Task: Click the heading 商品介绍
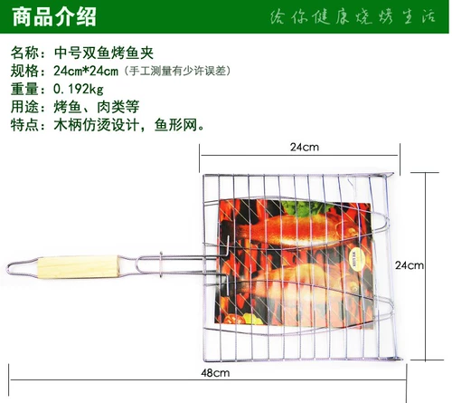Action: pos(54,16)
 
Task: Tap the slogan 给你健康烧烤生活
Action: pos(353,16)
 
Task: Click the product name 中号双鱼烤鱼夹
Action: pos(104,53)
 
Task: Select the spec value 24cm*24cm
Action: pos(86,71)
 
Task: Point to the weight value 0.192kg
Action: pos(79,89)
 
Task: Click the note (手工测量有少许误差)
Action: pos(178,71)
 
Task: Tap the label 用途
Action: pos(24,107)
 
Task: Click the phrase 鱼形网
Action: pos(175,124)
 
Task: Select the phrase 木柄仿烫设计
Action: pos(97,124)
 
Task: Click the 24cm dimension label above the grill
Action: pos(305,147)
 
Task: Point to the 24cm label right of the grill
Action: pos(409,265)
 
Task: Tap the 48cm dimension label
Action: pos(215,373)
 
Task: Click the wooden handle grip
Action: pos(79,266)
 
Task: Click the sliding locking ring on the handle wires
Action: pos(161,264)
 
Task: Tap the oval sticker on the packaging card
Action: pos(355,261)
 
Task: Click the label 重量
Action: pos(24,89)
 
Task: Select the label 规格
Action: pos(24,71)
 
